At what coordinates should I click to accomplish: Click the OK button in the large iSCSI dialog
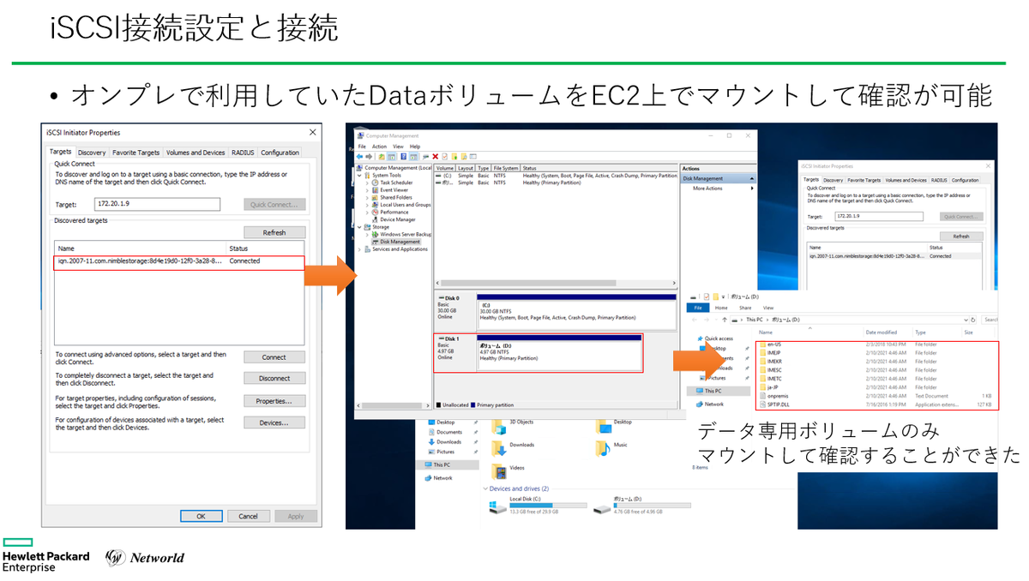coord(201,516)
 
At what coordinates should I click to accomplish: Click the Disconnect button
coord(274,378)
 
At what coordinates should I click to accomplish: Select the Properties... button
coord(274,400)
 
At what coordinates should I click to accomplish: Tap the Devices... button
coord(274,422)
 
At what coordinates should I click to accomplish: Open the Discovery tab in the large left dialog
coord(92,153)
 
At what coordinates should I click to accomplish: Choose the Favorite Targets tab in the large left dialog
coord(136,153)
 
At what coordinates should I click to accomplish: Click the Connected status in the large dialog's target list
coord(244,261)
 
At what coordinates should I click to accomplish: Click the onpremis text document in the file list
coord(779,395)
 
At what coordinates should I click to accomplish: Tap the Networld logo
coord(145,557)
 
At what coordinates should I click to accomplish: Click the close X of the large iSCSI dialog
coord(312,133)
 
